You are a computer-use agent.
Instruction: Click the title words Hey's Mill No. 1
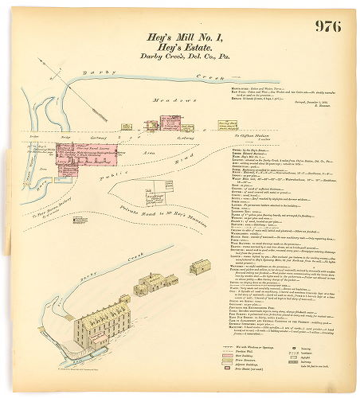[x=180, y=37]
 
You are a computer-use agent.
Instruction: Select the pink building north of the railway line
[x=125, y=126]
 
